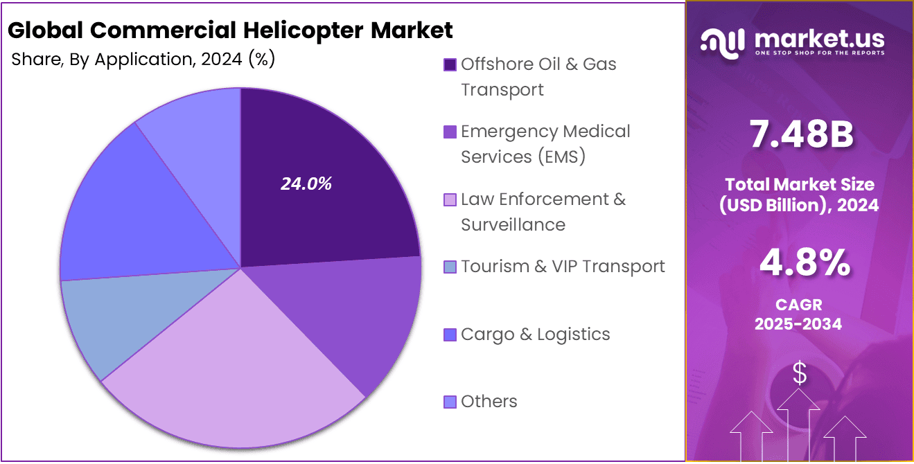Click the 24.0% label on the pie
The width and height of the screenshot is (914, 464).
tap(306, 184)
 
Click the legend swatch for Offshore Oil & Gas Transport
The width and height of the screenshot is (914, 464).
tap(450, 64)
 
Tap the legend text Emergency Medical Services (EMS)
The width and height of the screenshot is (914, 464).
tap(545, 144)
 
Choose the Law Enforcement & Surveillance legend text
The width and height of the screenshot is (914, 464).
tap(543, 212)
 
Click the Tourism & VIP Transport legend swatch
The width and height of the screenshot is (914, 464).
tap(450, 267)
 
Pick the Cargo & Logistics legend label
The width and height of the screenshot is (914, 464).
tap(535, 334)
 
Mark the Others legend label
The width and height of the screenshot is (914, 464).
tap(489, 402)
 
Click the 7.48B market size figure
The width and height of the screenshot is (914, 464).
tap(802, 136)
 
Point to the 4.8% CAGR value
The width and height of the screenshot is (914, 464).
tap(805, 263)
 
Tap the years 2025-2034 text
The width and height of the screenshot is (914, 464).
tap(798, 323)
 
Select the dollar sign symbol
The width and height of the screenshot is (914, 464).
tap(799, 374)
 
